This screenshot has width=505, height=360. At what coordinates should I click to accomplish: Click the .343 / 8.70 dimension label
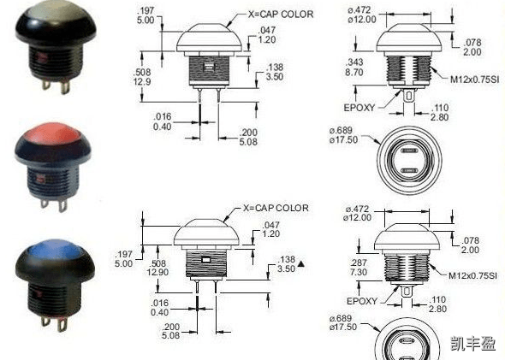coord(354,67)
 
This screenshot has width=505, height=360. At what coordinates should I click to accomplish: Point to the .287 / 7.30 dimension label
coord(359,268)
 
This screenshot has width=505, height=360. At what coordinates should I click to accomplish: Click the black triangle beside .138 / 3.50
coord(300,264)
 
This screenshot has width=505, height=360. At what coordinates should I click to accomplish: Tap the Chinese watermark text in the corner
coord(472,343)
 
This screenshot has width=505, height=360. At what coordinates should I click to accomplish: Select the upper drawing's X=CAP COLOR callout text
coord(281,15)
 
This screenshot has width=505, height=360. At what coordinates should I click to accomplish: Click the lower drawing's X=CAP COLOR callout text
coord(276,208)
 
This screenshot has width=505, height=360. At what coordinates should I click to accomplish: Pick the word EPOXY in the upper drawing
coord(359,108)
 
